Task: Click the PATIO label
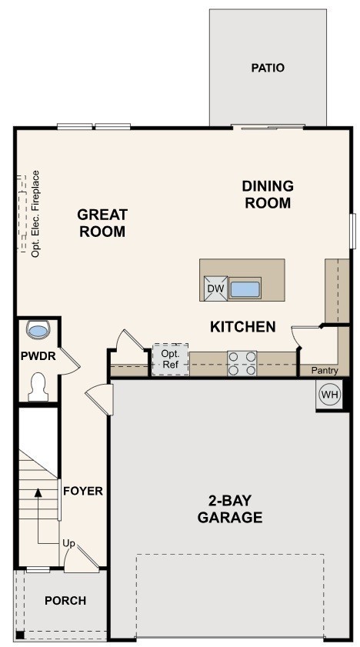click(x=268, y=68)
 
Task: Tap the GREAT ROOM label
click(x=102, y=223)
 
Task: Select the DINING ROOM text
click(x=267, y=195)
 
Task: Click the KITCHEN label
click(x=242, y=327)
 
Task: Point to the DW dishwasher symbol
click(x=215, y=289)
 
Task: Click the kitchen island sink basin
click(x=245, y=289)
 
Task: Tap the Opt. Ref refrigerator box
click(x=170, y=359)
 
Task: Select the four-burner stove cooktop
click(x=242, y=363)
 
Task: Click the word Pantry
click(x=325, y=371)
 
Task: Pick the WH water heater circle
click(x=329, y=395)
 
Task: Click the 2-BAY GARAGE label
click(x=230, y=509)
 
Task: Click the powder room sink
click(x=38, y=329)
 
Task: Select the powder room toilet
click(x=38, y=387)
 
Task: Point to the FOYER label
click(x=82, y=491)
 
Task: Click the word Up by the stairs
click(x=68, y=544)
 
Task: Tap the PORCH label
click(x=65, y=601)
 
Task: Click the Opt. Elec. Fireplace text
click(x=35, y=213)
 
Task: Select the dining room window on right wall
click(x=352, y=231)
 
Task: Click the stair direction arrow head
click(x=38, y=491)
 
